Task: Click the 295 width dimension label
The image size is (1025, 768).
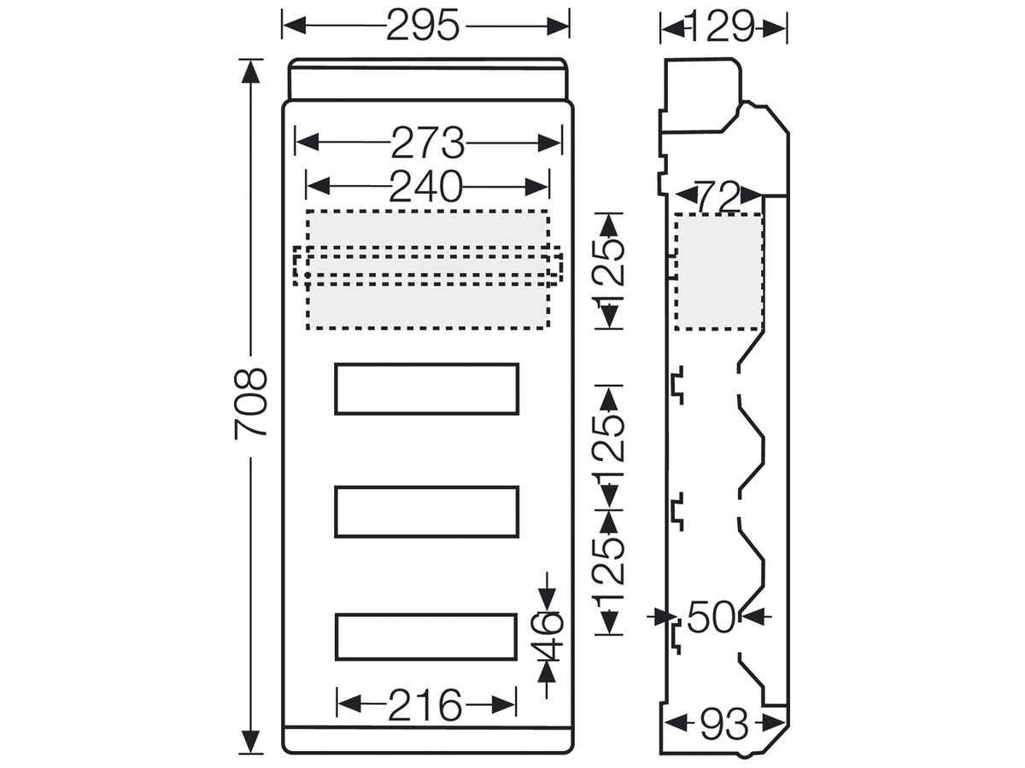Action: [423, 26]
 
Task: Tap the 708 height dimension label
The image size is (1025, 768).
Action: [251, 404]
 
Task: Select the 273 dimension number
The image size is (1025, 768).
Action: [428, 143]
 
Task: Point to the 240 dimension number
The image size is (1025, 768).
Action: [425, 187]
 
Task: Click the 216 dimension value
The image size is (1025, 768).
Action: [425, 705]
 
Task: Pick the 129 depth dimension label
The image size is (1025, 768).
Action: [722, 28]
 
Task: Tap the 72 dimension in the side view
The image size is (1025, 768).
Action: [718, 196]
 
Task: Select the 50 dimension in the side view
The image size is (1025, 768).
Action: [712, 617]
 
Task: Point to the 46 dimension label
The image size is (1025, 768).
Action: [552, 636]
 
